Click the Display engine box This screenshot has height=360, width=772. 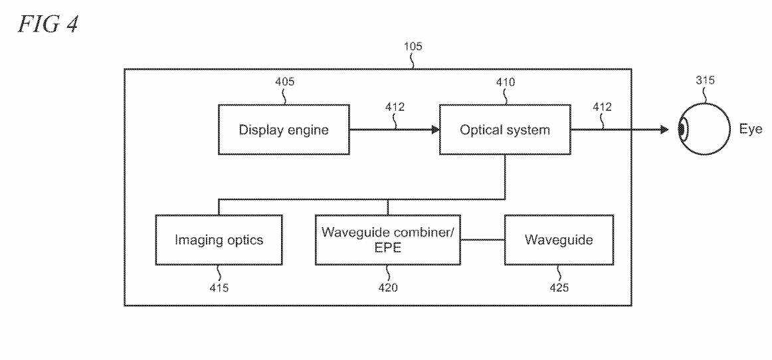(284, 130)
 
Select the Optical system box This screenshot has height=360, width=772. (504, 130)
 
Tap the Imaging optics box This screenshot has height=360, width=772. (219, 240)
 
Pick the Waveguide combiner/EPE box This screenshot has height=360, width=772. (388, 240)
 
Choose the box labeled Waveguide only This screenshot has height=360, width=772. (558, 240)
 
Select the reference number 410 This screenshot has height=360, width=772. (504, 83)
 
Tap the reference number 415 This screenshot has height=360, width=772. (219, 288)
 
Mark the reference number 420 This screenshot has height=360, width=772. (389, 288)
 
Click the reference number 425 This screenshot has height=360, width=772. (558, 288)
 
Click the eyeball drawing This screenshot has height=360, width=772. (704, 130)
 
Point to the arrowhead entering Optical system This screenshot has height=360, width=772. (435, 130)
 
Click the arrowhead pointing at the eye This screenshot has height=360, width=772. (665, 130)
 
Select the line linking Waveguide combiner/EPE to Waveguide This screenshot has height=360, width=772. (482, 240)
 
